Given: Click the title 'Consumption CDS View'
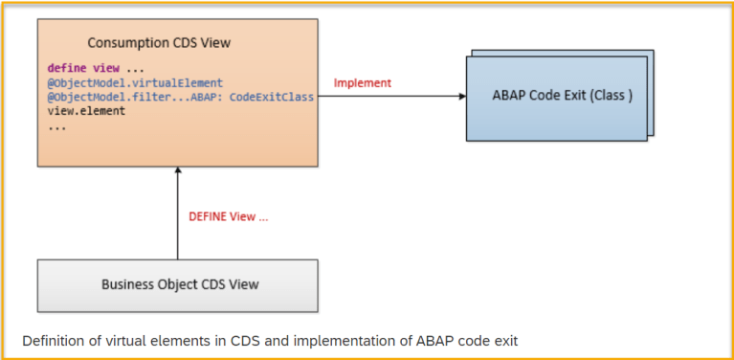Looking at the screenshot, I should coord(159,43).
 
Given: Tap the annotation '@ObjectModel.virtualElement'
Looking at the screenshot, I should coord(135,83).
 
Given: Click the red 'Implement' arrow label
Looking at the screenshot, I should coord(362,83).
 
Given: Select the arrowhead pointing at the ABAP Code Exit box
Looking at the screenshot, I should coord(460,97).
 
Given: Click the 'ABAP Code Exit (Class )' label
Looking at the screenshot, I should coord(562,97).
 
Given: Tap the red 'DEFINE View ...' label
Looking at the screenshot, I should coord(229,216).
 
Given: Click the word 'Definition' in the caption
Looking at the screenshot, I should coord(53,340).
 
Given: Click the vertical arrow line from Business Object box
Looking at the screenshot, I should coord(178,220).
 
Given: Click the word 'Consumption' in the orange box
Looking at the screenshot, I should coord(126,43).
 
